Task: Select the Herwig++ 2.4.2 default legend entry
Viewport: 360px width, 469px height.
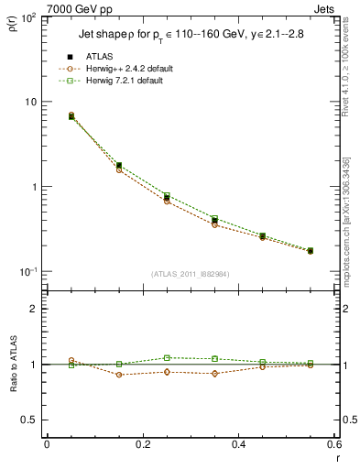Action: pyautogui.click(x=130, y=69)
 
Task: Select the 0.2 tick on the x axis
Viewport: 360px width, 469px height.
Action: pyautogui.click(x=142, y=444)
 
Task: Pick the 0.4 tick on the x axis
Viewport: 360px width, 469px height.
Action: pyautogui.click(x=238, y=444)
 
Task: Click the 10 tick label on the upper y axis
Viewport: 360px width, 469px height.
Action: pyautogui.click(x=29, y=102)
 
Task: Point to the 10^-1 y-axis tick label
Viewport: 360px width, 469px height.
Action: pyautogui.click(x=27, y=272)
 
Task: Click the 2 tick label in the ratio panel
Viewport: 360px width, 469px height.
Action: pyautogui.click(x=33, y=309)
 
